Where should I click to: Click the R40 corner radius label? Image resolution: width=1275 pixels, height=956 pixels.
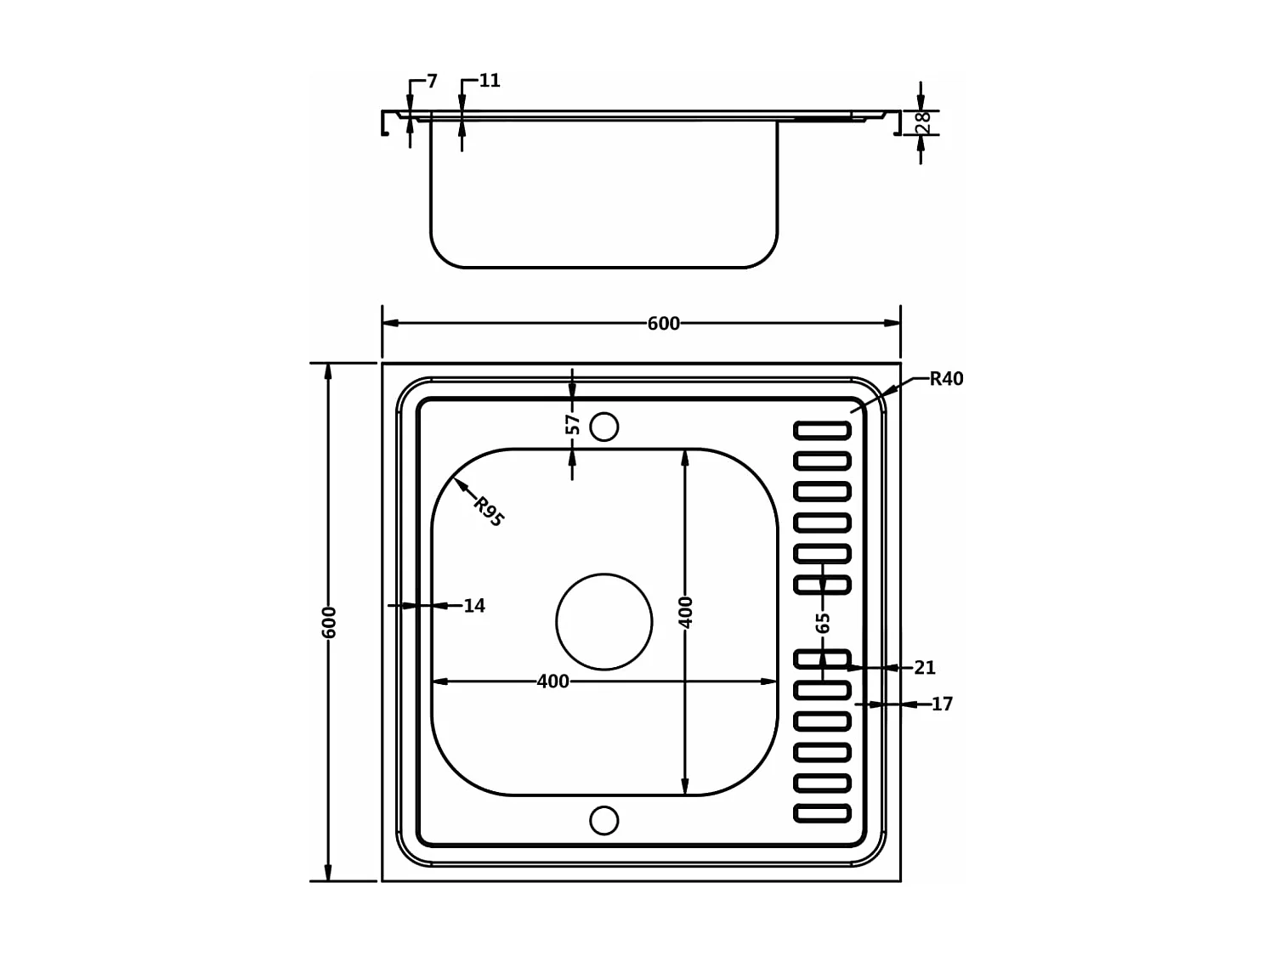[x=946, y=379]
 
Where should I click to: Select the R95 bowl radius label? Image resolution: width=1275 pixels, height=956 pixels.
[x=489, y=512]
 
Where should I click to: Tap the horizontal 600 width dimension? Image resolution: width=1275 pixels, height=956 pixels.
[x=663, y=324]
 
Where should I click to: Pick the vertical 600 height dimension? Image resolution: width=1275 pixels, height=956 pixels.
[x=330, y=622]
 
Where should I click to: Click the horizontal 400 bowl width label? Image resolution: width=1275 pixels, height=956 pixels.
[x=552, y=682]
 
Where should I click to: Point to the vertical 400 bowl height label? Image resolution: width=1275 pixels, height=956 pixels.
[x=685, y=612]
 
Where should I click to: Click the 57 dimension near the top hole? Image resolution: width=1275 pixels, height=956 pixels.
[x=573, y=424]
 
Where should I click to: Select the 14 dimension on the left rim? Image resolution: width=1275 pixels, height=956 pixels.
[x=473, y=606]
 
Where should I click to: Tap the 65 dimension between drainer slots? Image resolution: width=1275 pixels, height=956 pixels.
[x=822, y=623]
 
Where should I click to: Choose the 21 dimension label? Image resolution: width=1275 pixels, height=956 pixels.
[x=924, y=668]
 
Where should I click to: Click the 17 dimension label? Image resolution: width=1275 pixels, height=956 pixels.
[x=942, y=704]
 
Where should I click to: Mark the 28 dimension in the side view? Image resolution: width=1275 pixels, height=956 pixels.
[x=923, y=123]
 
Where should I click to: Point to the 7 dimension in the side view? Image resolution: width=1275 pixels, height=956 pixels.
[x=432, y=82]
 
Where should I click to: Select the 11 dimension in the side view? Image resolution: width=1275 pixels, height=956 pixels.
[x=490, y=81]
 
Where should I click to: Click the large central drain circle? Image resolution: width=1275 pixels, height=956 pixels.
[x=604, y=622]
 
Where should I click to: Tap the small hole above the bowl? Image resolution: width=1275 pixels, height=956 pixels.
[x=604, y=427]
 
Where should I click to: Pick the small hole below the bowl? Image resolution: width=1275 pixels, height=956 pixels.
[x=604, y=820]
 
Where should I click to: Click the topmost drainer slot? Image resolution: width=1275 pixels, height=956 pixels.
[x=822, y=430]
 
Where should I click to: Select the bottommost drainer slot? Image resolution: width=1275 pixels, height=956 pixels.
[x=822, y=813]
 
